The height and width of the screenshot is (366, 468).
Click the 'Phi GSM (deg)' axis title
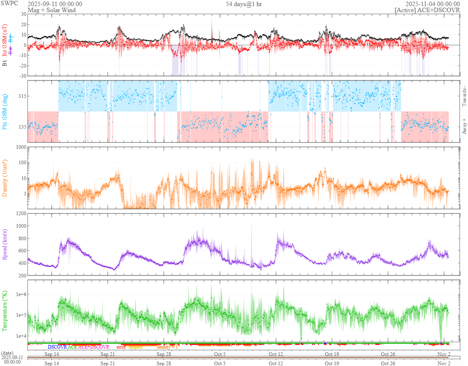coord(5,111)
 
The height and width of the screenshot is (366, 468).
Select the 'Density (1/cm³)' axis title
coord(5,178)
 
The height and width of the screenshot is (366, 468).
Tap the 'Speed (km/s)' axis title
coord(5,244)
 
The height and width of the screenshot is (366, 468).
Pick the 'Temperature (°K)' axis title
coord(5,311)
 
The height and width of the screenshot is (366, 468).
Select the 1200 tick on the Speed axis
coord(20,213)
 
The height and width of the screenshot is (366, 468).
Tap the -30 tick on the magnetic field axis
coord(23,76)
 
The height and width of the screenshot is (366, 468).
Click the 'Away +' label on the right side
coord(464,126)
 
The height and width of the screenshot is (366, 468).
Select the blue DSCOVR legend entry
coord(57,347)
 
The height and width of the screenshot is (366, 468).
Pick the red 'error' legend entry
coord(121,347)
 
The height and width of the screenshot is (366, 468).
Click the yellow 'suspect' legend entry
coord(135,347)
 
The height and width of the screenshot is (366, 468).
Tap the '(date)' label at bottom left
coord(8,353)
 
